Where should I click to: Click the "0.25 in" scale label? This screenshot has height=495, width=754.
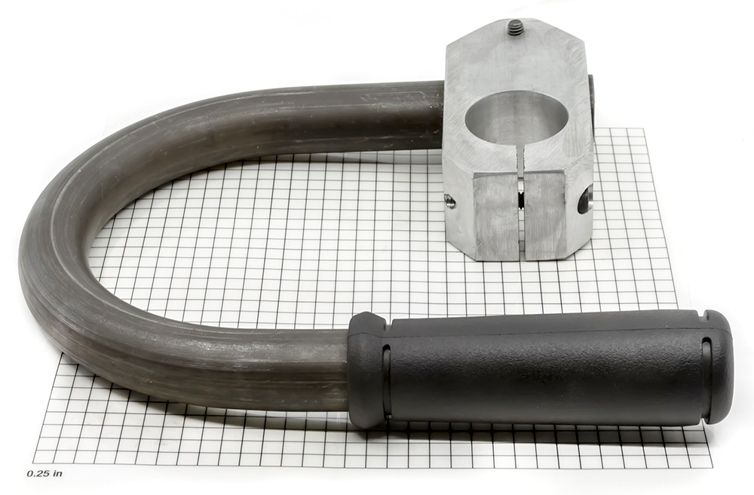(x=44, y=473)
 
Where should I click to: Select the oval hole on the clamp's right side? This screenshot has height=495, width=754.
(x=585, y=201)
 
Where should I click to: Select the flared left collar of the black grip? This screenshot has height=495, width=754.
(x=368, y=370)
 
